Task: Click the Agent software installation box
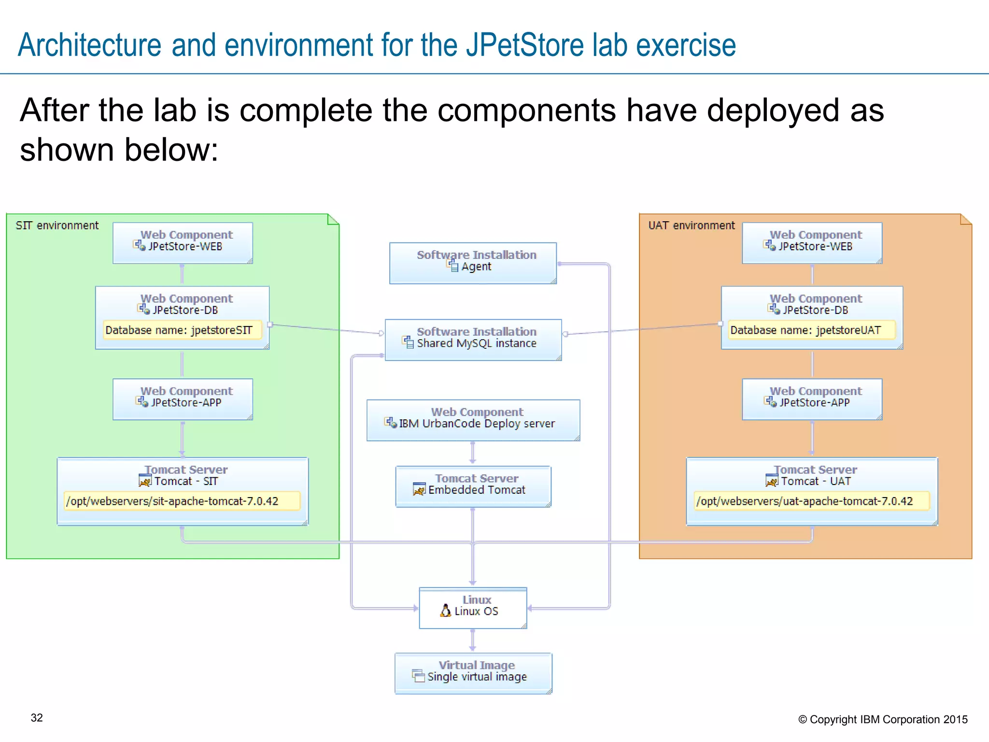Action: (473, 263)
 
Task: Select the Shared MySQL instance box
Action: (473, 340)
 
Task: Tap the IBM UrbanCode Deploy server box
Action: (473, 420)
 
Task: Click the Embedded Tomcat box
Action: (473, 486)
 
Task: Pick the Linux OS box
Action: (473, 608)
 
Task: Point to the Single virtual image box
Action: (473, 673)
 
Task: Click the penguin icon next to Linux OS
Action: (445, 611)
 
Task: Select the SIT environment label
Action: (57, 226)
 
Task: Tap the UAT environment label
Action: (691, 226)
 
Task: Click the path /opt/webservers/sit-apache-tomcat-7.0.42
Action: (172, 501)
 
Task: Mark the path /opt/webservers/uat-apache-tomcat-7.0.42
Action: (805, 501)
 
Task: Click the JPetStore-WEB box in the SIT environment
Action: (183, 243)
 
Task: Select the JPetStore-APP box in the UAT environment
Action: (812, 399)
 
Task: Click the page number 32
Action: (37, 718)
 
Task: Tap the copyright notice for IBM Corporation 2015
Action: (883, 719)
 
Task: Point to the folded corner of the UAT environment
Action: (965, 220)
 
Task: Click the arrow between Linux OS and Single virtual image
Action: (472, 641)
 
